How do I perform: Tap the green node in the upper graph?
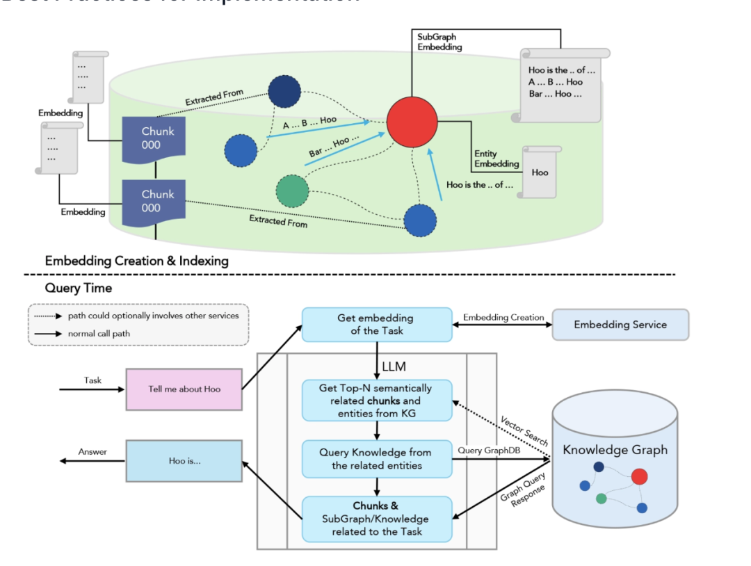pyautogui.click(x=292, y=191)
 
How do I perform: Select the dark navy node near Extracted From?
pyautogui.click(x=284, y=92)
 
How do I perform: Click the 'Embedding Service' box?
pyautogui.click(x=620, y=325)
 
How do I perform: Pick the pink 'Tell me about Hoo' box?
pyautogui.click(x=184, y=389)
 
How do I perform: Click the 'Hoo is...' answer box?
pyautogui.click(x=184, y=460)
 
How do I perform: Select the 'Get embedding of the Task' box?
pyautogui.click(x=375, y=325)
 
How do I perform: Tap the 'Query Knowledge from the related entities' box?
pyautogui.click(x=375, y=459)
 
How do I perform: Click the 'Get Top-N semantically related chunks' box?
pyautogui.click(x=375, y=401)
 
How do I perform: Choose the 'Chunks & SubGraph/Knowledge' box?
pyautogui.click(x=375, y=519)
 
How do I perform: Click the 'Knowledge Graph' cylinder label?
pyautogui.click(x=615, y=450)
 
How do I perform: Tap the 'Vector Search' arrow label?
pyautogui.click(x=524, y=431)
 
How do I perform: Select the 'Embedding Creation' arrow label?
pyautogui.click(x=503, y=318)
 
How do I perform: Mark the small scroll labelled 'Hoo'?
pyautogui.click(x=540, y=172)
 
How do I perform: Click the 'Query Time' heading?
pyautogui.click(x=78, y=288)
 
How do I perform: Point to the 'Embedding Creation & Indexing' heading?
pyautogui.click(x=136, y=261)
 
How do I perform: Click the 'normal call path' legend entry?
pyautogui.click(x=99, y=334)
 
